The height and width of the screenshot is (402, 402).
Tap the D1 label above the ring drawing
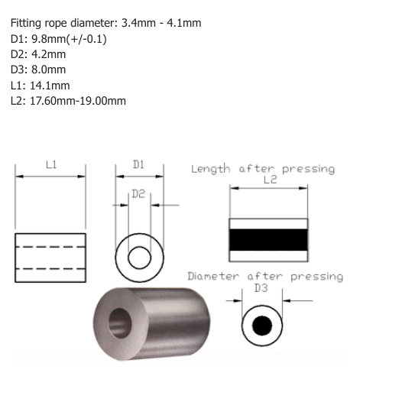pos(139,164)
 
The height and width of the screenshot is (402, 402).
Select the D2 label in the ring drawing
pos(138,195)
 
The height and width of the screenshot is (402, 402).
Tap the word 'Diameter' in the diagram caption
pos(213,277)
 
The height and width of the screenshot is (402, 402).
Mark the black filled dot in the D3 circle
pos(262,326)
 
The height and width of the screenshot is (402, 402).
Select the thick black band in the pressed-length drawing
pos(269,239)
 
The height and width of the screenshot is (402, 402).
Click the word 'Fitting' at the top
pos(28,23)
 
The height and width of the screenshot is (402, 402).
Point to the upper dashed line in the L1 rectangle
pos(50,246)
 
